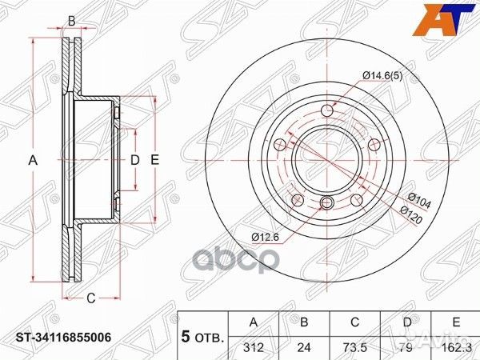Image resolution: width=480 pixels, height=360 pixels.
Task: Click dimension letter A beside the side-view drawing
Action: [x=34, y=160]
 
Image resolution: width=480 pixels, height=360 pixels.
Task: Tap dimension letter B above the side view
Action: [x=71, y=22]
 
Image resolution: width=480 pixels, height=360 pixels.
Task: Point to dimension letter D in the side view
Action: [x=134, y=160]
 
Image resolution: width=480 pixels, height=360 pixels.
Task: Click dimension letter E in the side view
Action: [x=155, y=160]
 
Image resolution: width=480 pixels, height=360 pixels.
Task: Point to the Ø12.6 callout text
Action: [x=265, y=237]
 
